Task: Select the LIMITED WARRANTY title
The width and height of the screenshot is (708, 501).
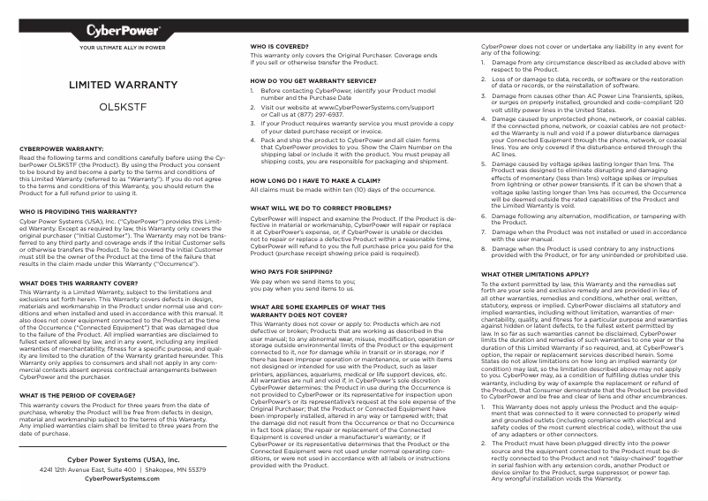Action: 123,85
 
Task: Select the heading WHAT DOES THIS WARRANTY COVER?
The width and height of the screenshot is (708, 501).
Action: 78,283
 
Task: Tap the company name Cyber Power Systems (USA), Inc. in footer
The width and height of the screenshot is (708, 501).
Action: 123,460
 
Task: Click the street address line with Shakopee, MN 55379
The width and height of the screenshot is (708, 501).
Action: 123,470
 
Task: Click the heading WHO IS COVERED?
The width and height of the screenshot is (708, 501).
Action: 281,45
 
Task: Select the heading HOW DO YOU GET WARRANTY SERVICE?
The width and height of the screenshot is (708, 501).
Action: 307,80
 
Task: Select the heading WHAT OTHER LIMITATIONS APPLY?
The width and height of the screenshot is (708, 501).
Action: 534,274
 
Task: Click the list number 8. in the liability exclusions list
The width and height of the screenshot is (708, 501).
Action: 484,248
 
